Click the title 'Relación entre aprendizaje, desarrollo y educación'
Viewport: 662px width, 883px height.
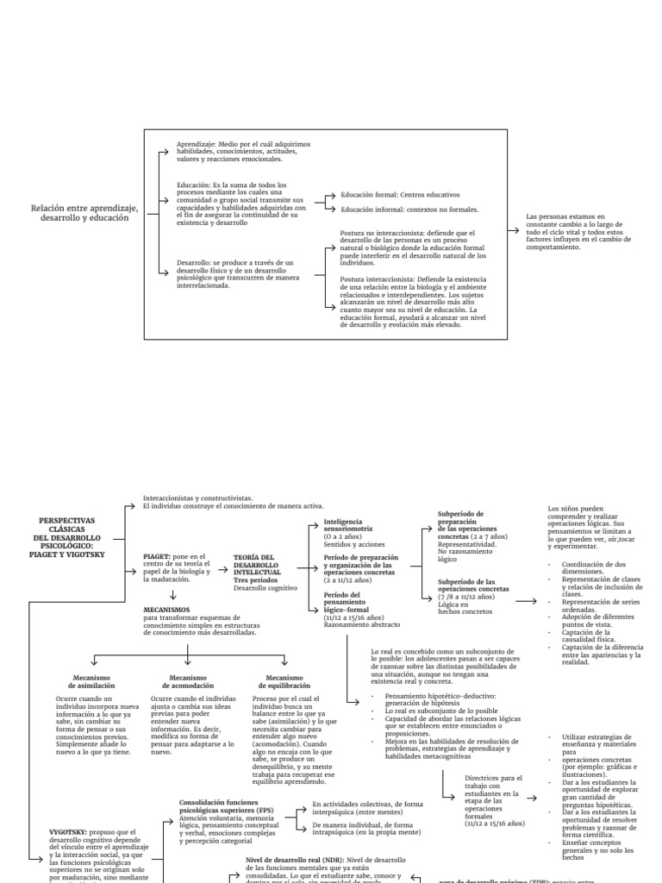tap(84, 213)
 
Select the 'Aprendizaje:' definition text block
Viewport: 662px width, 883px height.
tap(243, 152)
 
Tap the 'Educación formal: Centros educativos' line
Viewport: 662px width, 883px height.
tap(400, 195)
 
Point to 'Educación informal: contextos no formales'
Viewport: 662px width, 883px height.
tap(409, 210)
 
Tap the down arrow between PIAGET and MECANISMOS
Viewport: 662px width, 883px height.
tap(173, 595)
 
